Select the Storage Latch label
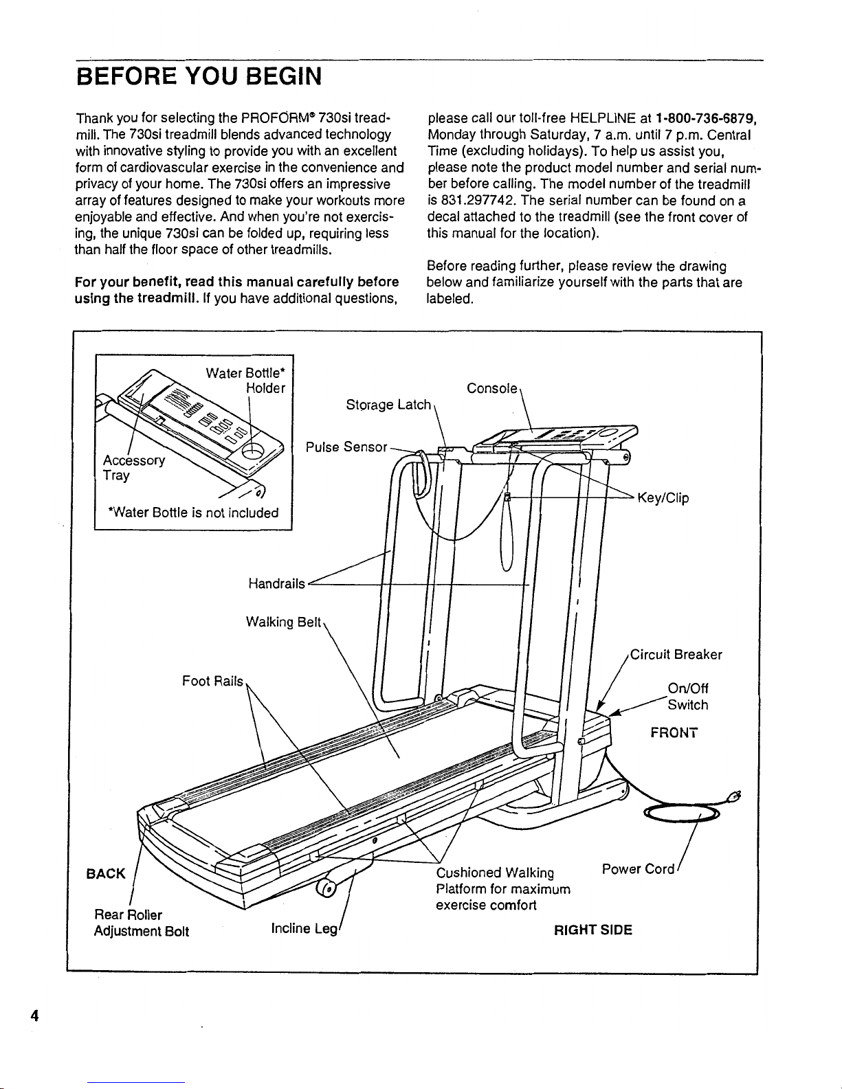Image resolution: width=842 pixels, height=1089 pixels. pos(388,405)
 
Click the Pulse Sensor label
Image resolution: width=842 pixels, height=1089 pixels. pos(346,447)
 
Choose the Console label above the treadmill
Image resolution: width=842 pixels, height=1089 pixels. pos(491,389)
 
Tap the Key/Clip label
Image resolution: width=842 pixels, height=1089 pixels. pos(663,498)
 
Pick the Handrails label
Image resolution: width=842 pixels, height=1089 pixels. pos(276,584)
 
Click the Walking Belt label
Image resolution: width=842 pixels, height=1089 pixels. pos(283,622)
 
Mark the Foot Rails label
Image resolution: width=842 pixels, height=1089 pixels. pos(212,681)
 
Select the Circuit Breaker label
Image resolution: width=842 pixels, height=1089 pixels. pos(676,655)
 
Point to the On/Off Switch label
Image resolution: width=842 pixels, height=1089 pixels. pos(687,697)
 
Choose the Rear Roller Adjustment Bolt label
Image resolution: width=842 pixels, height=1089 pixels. pos(141,923)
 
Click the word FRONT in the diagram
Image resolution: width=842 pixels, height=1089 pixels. pos(674,733)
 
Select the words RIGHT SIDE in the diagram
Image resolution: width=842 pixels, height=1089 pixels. pos(593,930)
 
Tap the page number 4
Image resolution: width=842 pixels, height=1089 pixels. pos(33,1016)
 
